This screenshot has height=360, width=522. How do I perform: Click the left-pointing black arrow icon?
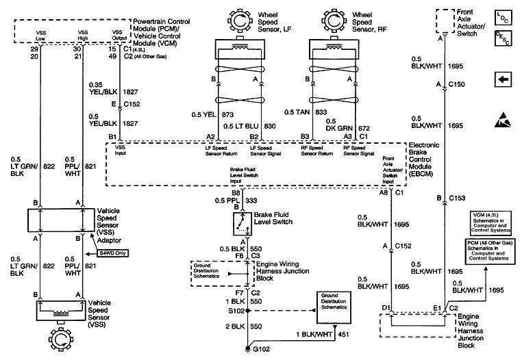tap(502, 80)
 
